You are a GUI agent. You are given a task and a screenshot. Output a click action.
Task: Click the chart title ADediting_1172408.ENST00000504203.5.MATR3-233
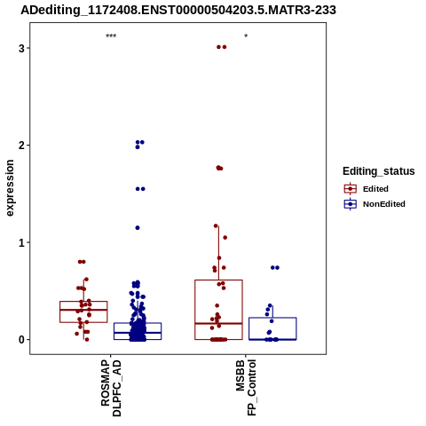coord(178,10)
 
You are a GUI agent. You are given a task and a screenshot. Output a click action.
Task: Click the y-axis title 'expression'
coord(10,188)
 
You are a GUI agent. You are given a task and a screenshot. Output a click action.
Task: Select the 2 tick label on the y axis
coord(21,146)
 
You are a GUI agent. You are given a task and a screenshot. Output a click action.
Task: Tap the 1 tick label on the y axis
coord(21,242)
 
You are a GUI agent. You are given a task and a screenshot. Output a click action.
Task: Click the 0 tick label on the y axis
coord(21,340)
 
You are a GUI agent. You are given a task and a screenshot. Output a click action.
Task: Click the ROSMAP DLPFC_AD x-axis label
coord(111,388)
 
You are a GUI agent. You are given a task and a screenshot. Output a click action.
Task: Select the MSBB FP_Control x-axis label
coord(246,387)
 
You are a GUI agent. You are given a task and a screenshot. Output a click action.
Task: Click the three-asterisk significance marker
coord(111,36)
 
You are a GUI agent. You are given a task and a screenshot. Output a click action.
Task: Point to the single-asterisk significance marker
coord(246,36)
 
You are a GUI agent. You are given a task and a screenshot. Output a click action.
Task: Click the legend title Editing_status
coord(379,171)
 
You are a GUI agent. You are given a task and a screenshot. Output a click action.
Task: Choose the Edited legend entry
coord(367,189)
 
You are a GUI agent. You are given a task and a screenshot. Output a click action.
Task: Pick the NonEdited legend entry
coord(375,204)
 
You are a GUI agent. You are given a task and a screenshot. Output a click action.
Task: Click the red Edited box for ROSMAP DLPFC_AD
coord(83,302)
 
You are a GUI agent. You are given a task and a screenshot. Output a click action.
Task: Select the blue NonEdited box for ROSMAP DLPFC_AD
coord(138,323)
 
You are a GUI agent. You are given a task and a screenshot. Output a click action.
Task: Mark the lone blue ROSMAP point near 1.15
coord(138,228)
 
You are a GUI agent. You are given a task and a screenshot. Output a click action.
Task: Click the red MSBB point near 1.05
coord(225,238)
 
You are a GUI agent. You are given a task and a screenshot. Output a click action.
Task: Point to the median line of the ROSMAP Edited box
coord(83,310)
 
